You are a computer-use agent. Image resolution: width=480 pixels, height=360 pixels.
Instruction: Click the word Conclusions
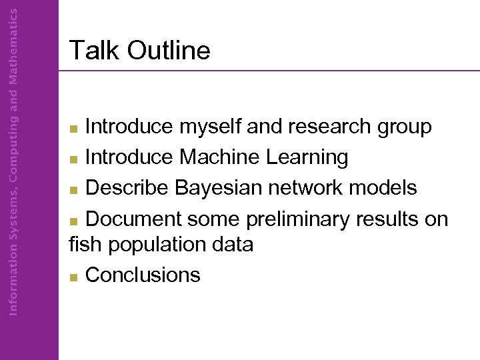143,275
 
